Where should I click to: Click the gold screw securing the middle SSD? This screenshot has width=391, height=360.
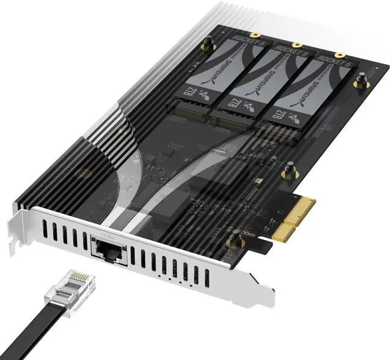pyautogui.click(x=297, y=45)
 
